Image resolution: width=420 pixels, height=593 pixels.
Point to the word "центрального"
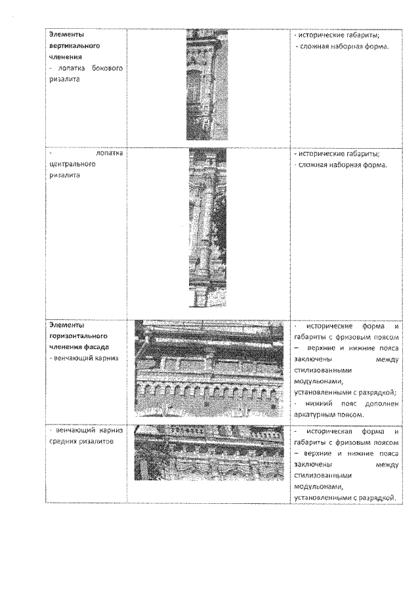(x=72, y=164)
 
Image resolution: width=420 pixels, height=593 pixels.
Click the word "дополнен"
(x=383, y=403)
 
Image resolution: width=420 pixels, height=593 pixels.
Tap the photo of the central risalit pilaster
(x=207, y=227)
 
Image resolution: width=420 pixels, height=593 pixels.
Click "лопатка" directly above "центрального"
(x=109, y=154)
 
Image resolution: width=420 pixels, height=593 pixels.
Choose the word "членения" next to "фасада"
(x=64, y=346)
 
